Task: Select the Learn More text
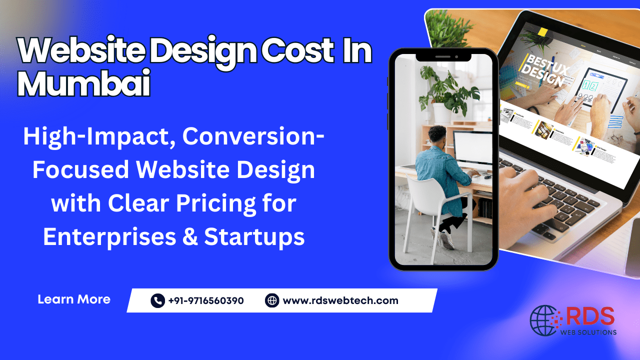pos(74,299)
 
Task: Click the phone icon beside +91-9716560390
pos(157,300)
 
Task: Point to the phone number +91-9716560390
pos(206,300)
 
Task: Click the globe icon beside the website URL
pos(272,300)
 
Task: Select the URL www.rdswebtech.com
pos(340,300)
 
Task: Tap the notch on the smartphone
pos(443,56)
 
